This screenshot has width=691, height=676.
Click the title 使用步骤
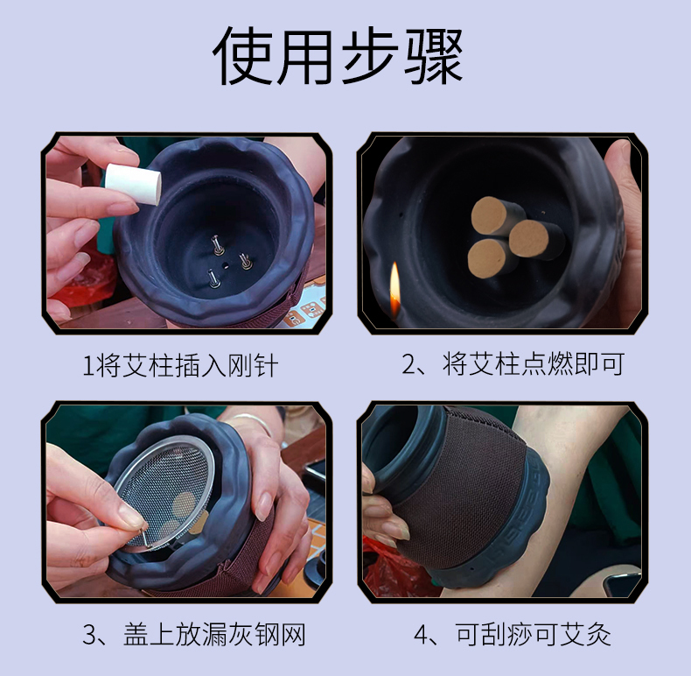338,55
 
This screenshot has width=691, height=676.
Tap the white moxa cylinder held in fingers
133,184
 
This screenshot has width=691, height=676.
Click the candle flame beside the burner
394,288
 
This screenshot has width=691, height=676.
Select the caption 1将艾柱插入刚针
181,366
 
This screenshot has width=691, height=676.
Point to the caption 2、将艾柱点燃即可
513,364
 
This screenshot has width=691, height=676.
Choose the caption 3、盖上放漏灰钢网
194,635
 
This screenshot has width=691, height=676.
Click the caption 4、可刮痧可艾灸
513,635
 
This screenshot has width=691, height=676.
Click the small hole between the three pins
225,266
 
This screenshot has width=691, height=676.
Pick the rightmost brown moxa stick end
530,239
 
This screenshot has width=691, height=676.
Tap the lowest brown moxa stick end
488,259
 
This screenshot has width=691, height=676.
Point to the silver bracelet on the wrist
251,422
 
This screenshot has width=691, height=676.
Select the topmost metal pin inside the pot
217,245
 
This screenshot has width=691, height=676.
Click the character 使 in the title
242,55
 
